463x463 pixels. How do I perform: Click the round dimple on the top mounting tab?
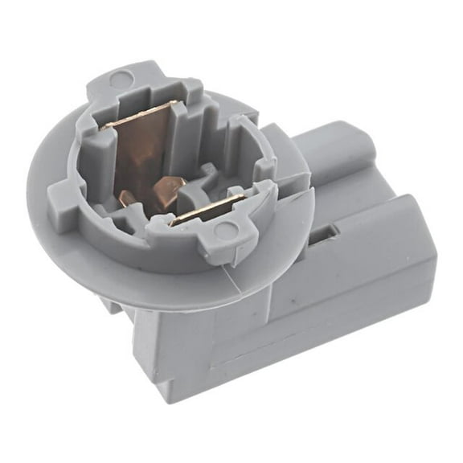point(121,79)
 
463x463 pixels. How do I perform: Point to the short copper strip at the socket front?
point(207,211)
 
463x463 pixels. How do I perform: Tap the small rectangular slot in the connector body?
point(322,235)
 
